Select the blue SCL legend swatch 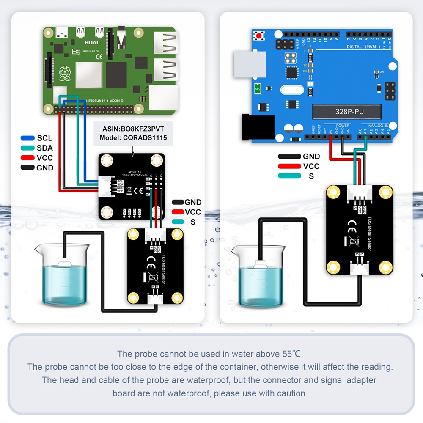28,138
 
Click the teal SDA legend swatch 28,148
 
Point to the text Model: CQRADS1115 134,137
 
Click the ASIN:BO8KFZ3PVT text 134,129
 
